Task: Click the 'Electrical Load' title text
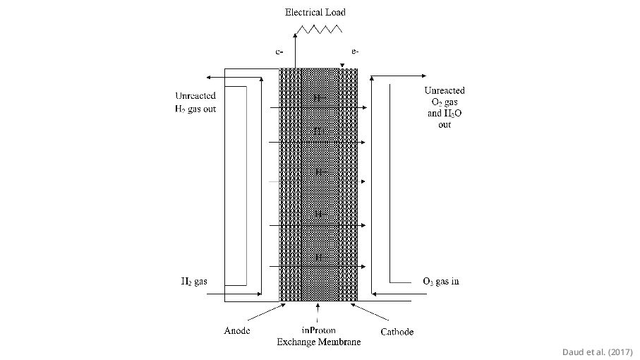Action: pyautogui.click(x=315, y=12)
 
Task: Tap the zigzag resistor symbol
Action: pyautogui.click(x=319, y=29)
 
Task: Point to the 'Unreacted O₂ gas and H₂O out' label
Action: pyautogui.click(x=444, y=107)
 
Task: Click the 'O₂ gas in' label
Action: pyautogui.click(x=440, y=281)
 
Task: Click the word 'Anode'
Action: pyautogui.click(x=237, y=330)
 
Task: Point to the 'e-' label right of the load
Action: pyautogui.click(x=355, y=51)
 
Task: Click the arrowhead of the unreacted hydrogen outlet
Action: pyautogui.click(x=209, y=77)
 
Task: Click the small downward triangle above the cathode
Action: pyautogui.click(x=342, y=66)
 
